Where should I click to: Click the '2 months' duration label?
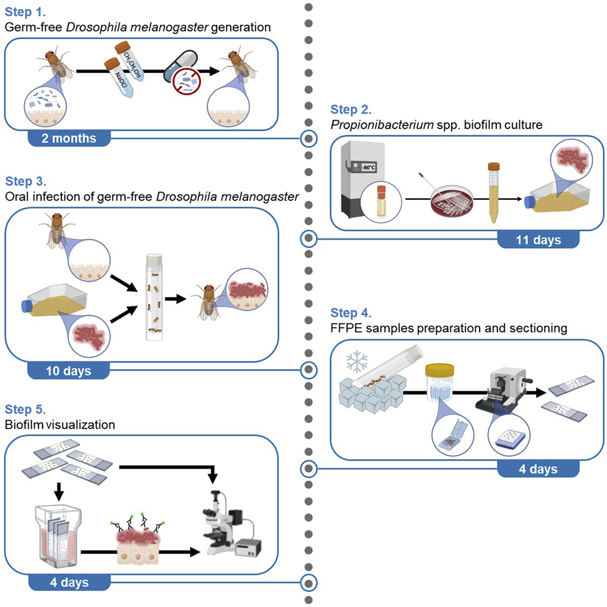(69, 138)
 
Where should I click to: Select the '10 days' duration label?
(69, 369)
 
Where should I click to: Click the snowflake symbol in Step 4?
(355, 363)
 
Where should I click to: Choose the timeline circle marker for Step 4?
(310, 469)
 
